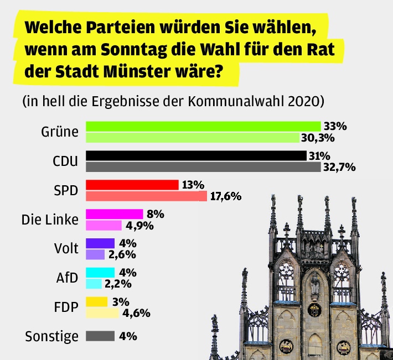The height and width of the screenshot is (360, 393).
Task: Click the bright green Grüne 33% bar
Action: click(203, 126)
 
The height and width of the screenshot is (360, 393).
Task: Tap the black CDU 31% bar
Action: click(195, 155)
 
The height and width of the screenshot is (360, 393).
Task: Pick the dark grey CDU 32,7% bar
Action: click(203, 166)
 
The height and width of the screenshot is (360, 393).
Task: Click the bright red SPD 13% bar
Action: click(132, 185)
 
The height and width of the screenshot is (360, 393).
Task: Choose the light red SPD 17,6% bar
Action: click(146, 196)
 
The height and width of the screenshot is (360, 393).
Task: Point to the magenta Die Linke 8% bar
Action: click(114, 214)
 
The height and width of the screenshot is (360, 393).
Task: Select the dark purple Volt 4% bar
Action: click(100, 243)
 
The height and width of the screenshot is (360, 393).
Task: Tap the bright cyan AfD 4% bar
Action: click(100, 273)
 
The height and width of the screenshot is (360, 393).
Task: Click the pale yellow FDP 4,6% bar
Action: click(102, 313)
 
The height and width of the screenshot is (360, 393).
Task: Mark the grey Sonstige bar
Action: click(100, 336)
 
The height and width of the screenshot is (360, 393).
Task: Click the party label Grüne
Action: click(59, 132)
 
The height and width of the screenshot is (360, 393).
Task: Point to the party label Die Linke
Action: click(50, 220)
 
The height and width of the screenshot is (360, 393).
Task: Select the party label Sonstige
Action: click(52, 336)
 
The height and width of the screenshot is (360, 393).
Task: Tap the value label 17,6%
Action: click(225, 196)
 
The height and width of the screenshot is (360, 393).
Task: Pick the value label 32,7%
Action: click(339, 167)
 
